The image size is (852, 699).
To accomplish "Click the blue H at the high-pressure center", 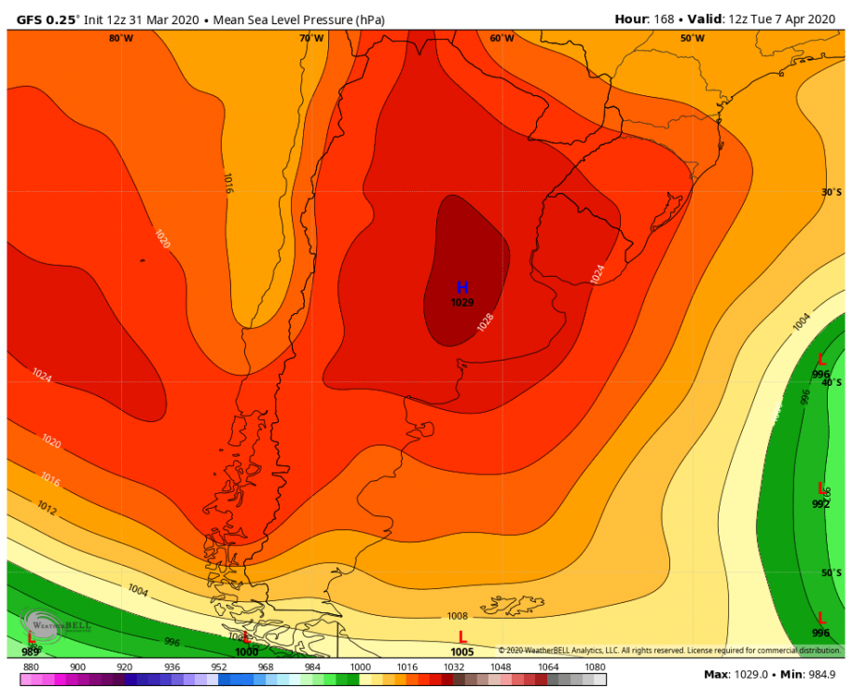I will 462,288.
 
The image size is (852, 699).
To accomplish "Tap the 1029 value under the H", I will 462,302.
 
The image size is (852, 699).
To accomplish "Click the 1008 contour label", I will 458,615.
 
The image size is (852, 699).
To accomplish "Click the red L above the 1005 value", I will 462,637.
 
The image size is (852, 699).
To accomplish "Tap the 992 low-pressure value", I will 820,504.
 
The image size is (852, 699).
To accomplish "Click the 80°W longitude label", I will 120,38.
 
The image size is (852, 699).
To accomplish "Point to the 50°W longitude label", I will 692,38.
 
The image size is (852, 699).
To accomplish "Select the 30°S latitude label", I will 831,192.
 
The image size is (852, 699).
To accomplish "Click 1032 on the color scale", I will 454,667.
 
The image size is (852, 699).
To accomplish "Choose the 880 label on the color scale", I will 32,667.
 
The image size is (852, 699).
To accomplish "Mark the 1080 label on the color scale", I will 594,667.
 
